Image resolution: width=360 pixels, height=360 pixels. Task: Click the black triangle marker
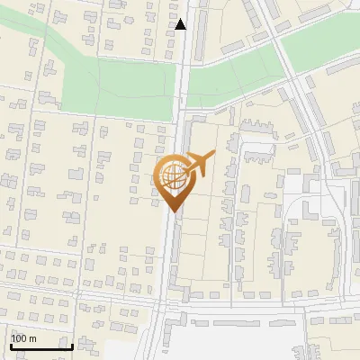coord(181,24)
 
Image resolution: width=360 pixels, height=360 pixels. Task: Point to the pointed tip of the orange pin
coord(172,211)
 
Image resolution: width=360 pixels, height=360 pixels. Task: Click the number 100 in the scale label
coord(21,338)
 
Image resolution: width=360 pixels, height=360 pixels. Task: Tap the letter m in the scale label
coord(34,338)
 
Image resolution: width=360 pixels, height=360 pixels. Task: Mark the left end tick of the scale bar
coord(11,345)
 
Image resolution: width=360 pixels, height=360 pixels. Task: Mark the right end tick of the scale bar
coord(72,345)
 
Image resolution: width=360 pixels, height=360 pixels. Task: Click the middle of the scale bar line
coord(41,346)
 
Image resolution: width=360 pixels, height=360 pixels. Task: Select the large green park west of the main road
coord(117,90)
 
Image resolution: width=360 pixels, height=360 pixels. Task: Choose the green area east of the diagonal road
coord(319,40)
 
